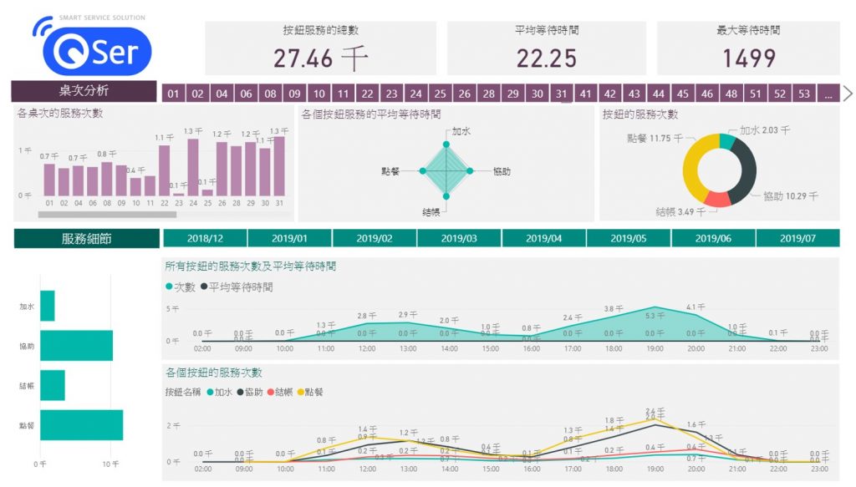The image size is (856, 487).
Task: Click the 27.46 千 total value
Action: (x=321, y=58)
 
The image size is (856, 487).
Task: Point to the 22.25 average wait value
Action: (x=546, y=58)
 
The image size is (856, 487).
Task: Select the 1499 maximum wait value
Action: (x=749, y=58)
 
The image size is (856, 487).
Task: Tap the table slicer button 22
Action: (x=368, y=94)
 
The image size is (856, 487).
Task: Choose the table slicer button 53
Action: (x=803, y=94)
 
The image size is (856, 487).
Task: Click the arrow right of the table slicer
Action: (x=848, y=93)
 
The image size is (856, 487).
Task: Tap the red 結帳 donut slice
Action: (x=716, y=199)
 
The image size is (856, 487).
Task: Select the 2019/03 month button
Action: (x=459, y=238)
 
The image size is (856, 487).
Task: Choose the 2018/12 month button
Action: (x=205, y=238)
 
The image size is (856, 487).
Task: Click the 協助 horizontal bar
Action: (x=76, y=346)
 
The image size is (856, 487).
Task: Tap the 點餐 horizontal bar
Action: (x=81, y=425)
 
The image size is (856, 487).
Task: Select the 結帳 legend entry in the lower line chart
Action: (x=281, y=392)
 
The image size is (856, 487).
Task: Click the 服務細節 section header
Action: (x=86, y=239)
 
